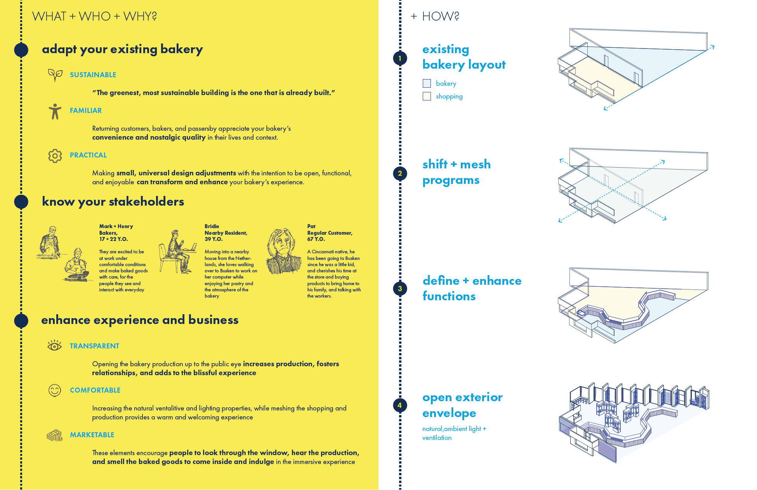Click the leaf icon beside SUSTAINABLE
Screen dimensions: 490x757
pos(55,74)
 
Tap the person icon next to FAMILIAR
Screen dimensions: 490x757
pos(55,111)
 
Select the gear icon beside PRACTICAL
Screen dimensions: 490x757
pos(55,156)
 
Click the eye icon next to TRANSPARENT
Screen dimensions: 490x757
pos(55,345)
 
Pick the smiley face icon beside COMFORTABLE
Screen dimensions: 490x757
pos(55,390)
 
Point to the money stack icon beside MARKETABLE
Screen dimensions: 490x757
pos(55,435)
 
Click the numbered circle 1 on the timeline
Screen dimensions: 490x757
pos(400,59)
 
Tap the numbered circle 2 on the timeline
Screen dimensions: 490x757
pos(400,173)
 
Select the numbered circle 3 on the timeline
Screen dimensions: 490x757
pos(400,289)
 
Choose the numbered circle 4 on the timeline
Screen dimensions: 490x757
pos(400,405)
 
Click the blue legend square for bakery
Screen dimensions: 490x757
pos(427,83)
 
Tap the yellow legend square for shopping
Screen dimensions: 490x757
pos(427,96)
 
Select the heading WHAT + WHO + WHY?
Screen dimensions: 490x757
pos(94,16)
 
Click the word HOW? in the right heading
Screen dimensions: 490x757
pos(441,16)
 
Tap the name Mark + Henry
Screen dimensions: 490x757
pos(116,226)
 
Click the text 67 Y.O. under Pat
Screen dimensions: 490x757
pos(316,239)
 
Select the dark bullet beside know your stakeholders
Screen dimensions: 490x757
pos(21,202)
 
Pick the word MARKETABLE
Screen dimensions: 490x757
pos(92,435)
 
